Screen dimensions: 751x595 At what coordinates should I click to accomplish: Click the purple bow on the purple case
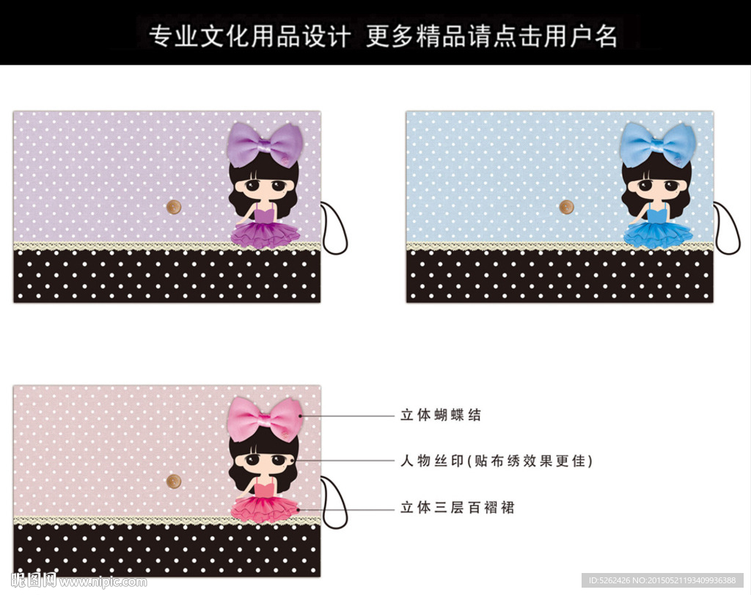coord(265,145)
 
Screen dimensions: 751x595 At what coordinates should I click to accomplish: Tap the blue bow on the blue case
coord(658,145)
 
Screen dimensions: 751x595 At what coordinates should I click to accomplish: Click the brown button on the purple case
coord(174,207)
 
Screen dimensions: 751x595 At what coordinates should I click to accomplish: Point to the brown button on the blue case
coord(567,207)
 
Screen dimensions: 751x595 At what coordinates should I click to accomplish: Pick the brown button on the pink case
coord(173,481)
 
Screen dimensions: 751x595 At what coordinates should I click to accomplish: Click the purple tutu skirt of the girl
coord(265,234)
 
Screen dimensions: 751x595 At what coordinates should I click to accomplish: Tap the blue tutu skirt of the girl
coord(659,234)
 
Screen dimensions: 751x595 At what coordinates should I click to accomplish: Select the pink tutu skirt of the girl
coord(265,508)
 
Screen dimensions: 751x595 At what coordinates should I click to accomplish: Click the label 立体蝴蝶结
coord(441,415)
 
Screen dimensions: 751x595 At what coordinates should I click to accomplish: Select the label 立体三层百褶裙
coord(458,508)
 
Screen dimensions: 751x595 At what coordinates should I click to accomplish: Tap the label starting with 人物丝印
coord(497,461)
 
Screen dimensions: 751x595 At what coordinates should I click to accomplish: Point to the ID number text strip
coord(662,580)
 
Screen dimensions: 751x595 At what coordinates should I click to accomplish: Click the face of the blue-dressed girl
coord(656,186)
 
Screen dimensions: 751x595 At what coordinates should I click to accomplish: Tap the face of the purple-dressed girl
coord(263,186)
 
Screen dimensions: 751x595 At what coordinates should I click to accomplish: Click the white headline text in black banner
coord(383,36)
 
